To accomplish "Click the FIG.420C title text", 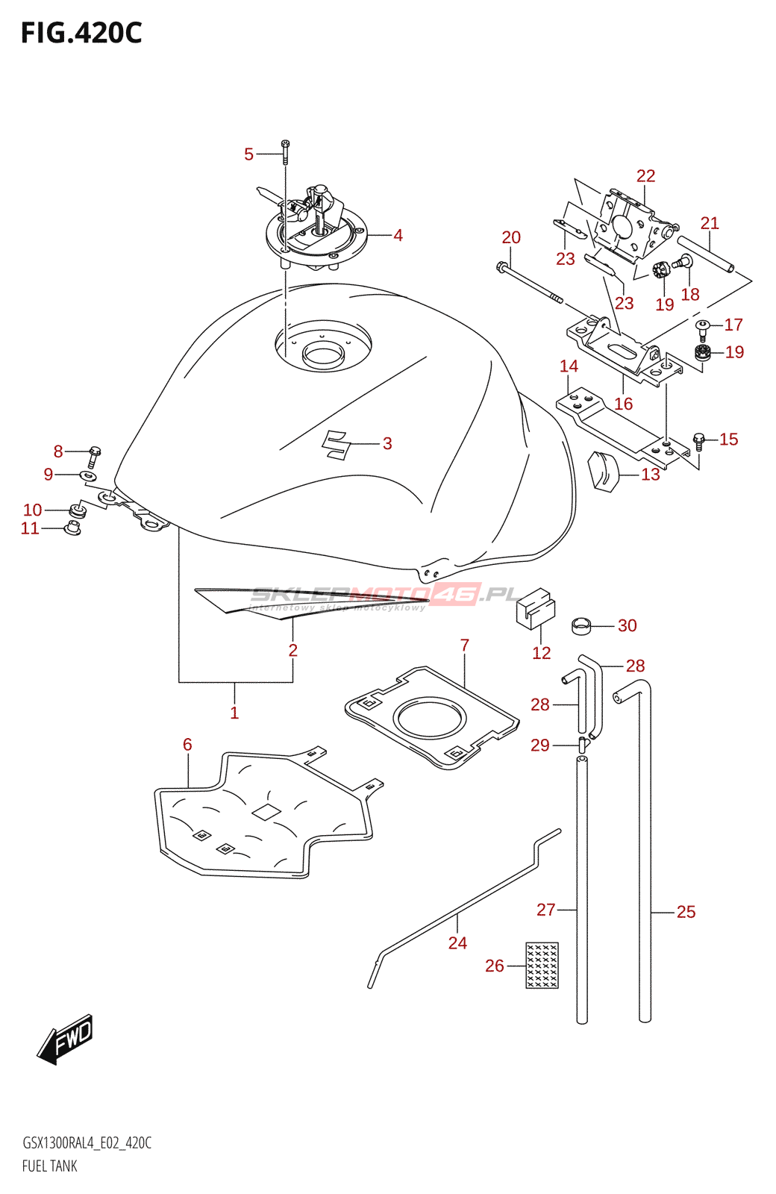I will [x=81, y=34].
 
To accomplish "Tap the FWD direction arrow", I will [x=66, y=1038].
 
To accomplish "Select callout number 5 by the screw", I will [x=248, y=154].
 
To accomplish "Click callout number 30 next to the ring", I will [x=628, y=625].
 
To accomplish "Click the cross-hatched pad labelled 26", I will [x=542, y=965].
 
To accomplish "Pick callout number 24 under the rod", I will [x=457, y=943].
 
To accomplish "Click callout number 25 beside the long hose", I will [x=686, y=912].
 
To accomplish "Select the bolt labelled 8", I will [x=95, y=453].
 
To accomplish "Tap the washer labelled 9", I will [x=87, y=475].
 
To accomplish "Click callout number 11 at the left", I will [x=30, y=528].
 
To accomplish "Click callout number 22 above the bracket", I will [x=645, y=176].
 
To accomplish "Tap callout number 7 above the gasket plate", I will [x=465, y=645].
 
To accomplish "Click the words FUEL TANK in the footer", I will [x=50, y=1166].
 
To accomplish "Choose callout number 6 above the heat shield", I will [x=187, y=744].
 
